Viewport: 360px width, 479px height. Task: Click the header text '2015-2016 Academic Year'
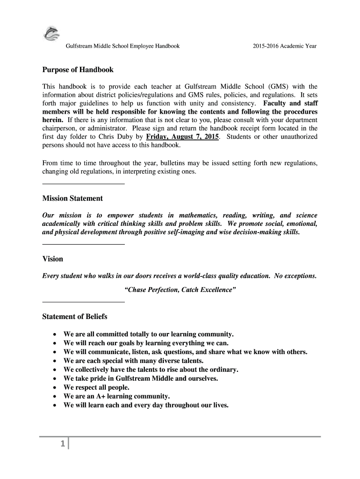(285, 46)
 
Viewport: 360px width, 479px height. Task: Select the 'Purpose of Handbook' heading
(78, 70)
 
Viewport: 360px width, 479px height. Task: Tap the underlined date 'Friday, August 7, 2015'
(182, 137)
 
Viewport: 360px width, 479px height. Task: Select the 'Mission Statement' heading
(72, 198)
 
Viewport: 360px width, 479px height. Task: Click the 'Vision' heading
(52, 259)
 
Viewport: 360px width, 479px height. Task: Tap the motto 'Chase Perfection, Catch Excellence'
(180, 290)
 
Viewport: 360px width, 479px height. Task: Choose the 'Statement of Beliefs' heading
(75, 317)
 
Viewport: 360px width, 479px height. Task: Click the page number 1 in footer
(62, 445)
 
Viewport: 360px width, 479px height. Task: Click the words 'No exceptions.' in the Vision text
(295, 276)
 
